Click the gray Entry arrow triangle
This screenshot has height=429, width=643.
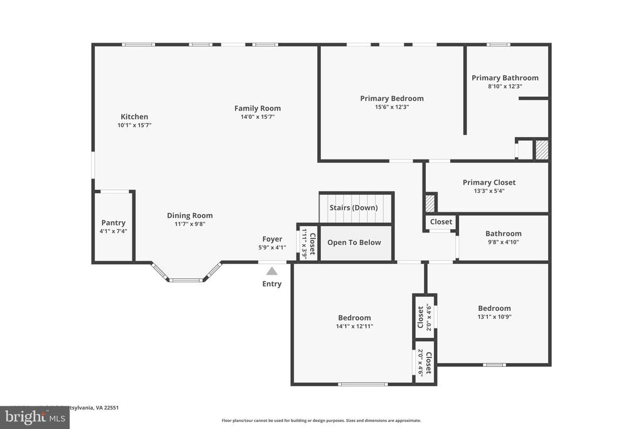pos(271,271)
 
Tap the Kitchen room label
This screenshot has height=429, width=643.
pos(134,117)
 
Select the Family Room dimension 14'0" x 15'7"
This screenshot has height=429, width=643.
pos(257,117)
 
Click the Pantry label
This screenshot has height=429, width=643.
pos(114,223)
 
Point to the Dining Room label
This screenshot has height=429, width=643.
pos(190,215)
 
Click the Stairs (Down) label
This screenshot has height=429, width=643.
pos(354,208)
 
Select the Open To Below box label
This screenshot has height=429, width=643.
pos(354,242)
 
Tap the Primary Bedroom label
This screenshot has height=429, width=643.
pos(392,99)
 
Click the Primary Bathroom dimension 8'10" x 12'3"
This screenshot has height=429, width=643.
pos(505,87)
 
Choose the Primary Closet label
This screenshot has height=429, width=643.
pos(489,183)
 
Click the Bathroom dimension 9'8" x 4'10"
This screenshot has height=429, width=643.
pos(503,242)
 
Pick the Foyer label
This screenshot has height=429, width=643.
pos(272,239)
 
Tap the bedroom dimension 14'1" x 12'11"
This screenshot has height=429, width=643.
pos(354,326)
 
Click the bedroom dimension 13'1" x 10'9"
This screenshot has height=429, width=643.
pos(494,317)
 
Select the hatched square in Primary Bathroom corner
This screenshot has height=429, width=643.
pos(541,150)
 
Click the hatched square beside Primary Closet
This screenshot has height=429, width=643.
pos(430,204)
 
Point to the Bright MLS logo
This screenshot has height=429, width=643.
pos(35,417)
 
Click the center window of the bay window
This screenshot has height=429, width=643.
pos(186,280)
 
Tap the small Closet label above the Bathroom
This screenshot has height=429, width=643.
pos(441,222)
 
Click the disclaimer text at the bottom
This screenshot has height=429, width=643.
pos(321,421)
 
